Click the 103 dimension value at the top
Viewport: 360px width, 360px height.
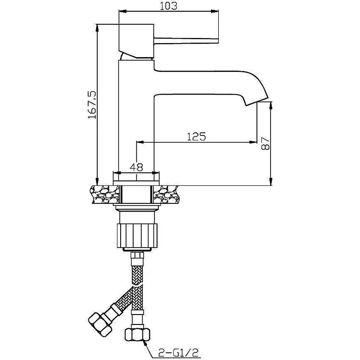coord(168,6)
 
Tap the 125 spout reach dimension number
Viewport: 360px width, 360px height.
coord(196,136)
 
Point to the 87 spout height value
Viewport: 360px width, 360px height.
coord(265,144)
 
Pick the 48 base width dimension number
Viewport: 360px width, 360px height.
coord(136,167)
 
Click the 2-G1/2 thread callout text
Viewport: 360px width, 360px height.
coord(178,352)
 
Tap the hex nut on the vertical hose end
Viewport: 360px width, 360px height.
coord(137,335)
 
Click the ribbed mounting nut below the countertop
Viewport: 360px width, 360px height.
coord(137,236)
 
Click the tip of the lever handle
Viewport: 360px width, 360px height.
coord(218,40)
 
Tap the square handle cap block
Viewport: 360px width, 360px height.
coord(136,40)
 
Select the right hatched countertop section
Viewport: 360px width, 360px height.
coord(166,194)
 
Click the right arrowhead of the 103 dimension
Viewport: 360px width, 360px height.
coord(216,11)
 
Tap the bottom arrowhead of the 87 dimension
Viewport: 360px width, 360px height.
coord(271,181)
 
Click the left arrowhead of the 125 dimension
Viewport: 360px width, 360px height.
coord(140,142)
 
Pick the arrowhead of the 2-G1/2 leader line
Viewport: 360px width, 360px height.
coord(144,343)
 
